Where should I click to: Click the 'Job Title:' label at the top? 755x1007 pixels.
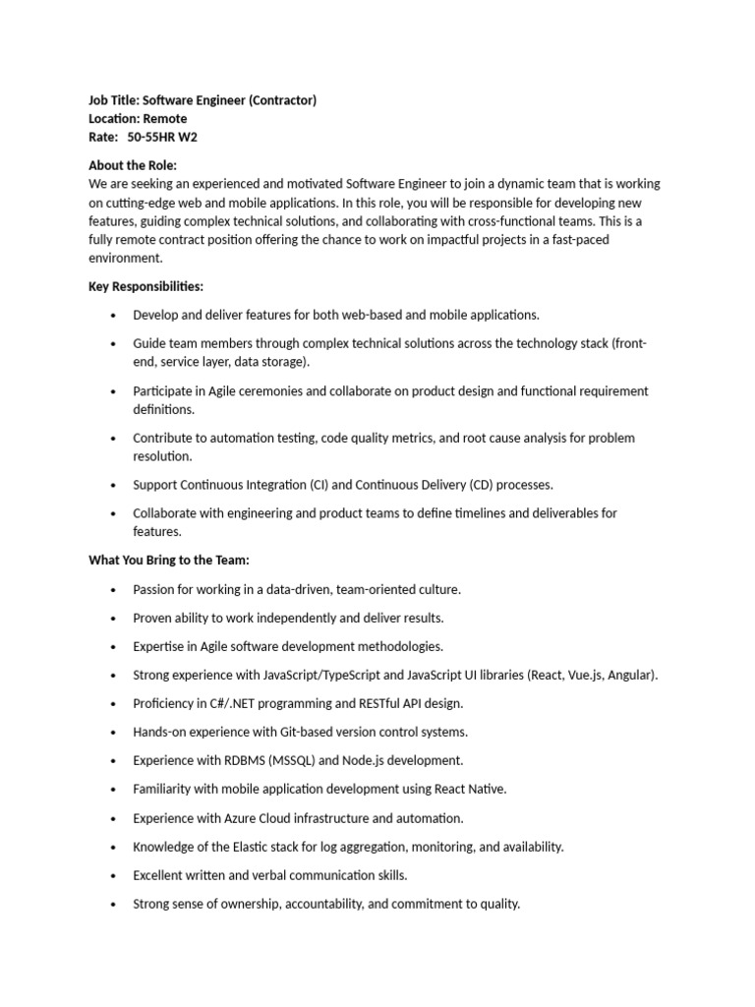(114, 100)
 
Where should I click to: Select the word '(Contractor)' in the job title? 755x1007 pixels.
(280, 100)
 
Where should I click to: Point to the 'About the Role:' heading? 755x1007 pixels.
(133, 165)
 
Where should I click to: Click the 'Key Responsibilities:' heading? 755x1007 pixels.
(146, 286)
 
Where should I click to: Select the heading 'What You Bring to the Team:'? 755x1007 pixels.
(169, 561)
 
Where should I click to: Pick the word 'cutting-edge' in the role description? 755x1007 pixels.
(141, 203)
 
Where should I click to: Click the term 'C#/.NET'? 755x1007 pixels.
(229, 703)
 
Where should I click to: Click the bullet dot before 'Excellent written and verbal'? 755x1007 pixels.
(113, 875)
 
